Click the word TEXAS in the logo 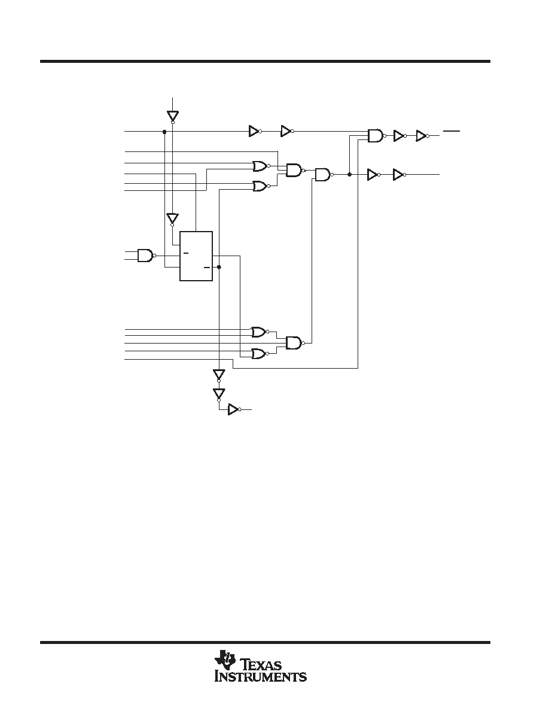click(x=263, y=665)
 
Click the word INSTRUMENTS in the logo click(x=261, y=676)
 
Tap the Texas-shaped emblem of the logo click(x=225, y=660)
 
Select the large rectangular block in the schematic click(x=196, y=256)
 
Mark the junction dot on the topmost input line click(x=164, y=132)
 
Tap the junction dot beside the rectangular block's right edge click(x=219, y=267)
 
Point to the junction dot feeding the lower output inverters click(x=349, y=174)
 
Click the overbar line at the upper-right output click(x=452, y=130)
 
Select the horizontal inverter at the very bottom click(x=234, y=409)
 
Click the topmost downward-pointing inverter click(x=173, y=117)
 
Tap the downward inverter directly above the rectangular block click(x=172, y=220)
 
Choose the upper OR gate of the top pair click(x=261, y=166)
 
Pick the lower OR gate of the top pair click(x=261, y=186)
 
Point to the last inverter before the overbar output click(x=422, y=136)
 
